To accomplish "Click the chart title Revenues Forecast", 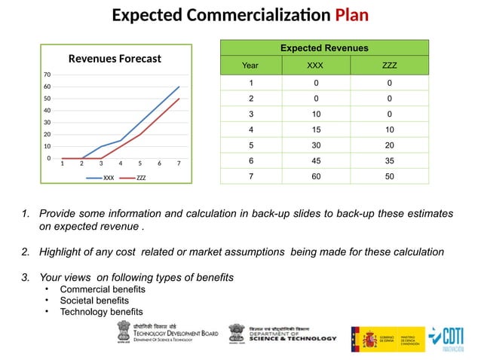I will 115,58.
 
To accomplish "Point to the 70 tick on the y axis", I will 47,75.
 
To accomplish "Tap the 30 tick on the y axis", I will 47,122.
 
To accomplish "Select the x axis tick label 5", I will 141,163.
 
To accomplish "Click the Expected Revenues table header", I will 324,48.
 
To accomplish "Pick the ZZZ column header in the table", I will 389,66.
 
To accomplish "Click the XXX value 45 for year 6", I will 316,160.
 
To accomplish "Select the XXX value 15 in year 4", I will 316,129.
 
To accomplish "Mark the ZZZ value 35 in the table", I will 389,160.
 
